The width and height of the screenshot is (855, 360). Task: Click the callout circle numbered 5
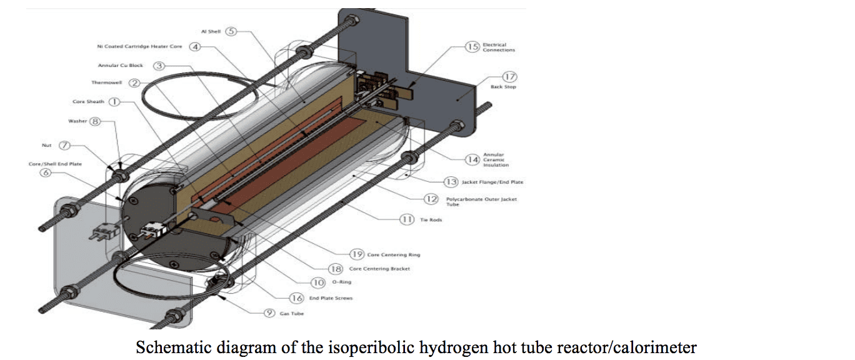(x=231, y=31)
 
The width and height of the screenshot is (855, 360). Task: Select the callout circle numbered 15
(x=472, y=47)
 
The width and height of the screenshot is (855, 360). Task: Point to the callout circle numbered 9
(x=269, y=313)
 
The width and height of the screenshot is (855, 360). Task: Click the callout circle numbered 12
(x=431, y=199)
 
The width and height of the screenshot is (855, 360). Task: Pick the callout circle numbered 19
(x=357, y=254)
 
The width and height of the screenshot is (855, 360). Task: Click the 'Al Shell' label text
(x=211, y=32)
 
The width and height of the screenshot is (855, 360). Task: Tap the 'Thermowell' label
(x=107, y=83)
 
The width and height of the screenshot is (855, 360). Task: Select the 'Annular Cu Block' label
(x=121, y=66)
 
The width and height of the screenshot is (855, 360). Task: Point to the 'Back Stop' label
(x=503, y=87)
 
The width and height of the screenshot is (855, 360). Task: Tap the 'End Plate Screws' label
(x=331, y=298)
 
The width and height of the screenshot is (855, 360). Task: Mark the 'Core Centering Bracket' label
(x=379, y=269)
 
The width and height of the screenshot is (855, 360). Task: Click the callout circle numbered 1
(x=114, y=101)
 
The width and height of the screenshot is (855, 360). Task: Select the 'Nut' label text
(x=47, y=145)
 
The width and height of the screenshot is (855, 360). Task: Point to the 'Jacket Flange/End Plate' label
(x=492, y=182)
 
